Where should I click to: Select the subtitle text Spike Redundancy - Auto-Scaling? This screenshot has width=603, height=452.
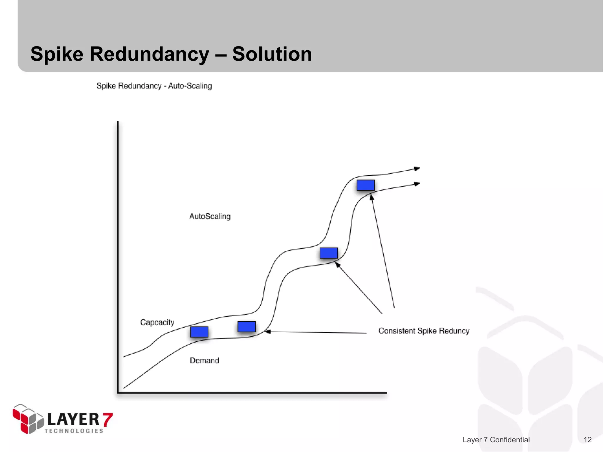point(154,86)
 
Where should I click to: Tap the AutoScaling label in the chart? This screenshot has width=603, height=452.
point(210,217)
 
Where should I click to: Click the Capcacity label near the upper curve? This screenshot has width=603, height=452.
point(157,323)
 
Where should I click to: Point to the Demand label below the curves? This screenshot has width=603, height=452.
point(204,360)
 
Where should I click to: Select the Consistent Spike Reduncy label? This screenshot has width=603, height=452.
point(424,331)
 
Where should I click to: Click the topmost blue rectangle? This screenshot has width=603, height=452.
point(365,185)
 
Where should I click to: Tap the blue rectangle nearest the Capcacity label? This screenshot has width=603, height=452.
point(199,332)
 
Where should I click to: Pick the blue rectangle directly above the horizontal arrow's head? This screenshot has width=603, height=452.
point(246,327)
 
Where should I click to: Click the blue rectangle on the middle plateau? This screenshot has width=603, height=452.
point(329,253)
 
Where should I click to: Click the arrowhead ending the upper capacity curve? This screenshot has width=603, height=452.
point(417,169)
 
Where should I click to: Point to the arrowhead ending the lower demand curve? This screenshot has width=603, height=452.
point(417,184)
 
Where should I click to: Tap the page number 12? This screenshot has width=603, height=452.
point(587,440)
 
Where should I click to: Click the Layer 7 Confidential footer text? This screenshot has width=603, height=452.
point(496,440)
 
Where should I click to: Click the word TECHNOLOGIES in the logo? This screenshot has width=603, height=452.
point(74,431)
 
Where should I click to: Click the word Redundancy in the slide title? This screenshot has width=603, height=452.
point(149,54)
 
